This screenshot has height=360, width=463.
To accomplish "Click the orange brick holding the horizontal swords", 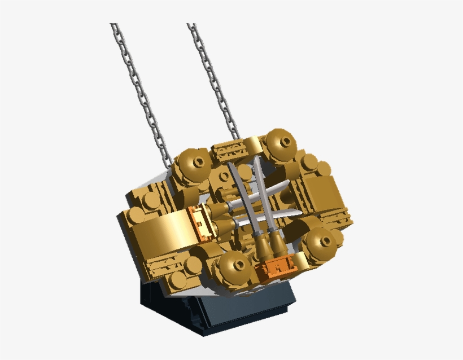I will coord(198,222).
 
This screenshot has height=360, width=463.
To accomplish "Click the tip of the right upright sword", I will coord(257,159).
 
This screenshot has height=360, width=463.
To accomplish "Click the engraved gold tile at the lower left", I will coord(167,265).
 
